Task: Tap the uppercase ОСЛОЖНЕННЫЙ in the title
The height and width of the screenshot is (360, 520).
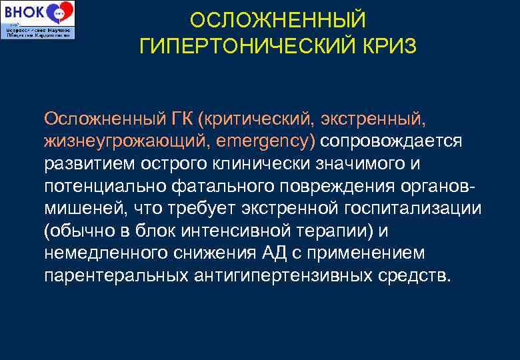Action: [x=278, y=20]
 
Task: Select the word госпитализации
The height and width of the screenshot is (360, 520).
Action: [x=415, y=209]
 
